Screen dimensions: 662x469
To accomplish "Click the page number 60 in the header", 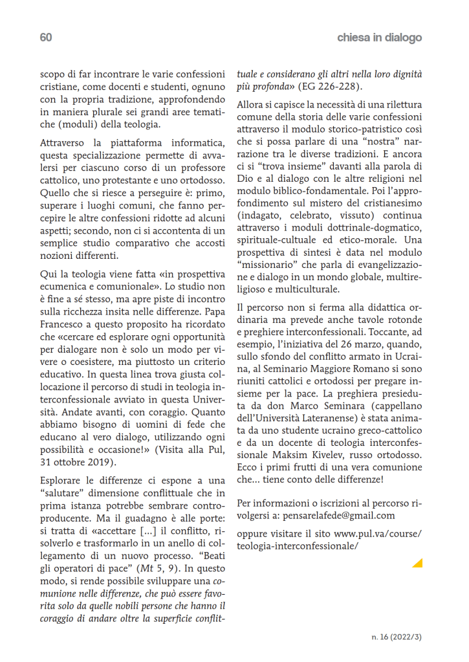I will click(45, 38).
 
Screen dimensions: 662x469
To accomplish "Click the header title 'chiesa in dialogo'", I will click(379, 38).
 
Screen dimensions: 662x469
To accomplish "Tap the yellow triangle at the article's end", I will click(417, 563).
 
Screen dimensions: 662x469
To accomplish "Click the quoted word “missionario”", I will click(266, 264).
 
